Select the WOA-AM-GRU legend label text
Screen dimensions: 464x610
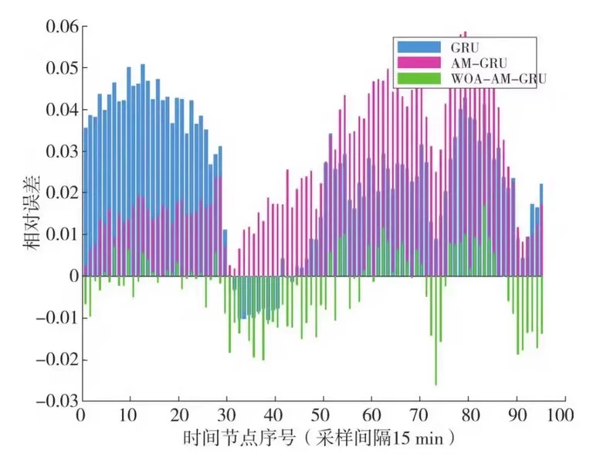[x=488, y=77]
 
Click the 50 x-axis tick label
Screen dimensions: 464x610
[x=323, y=415]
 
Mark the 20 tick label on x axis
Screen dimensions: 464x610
[x=178, y=415]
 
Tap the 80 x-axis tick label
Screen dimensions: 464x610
[x=466, y=415]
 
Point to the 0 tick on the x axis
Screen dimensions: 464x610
[x=82, y=415]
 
